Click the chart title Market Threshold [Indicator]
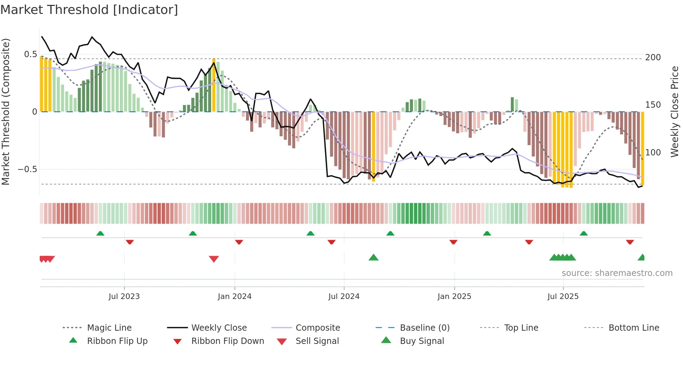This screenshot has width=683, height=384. [89, 10]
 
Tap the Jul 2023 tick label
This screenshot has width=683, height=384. [124, 297]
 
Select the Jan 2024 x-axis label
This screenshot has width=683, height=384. [235, 297]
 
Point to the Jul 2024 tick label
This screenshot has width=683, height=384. [344, 297]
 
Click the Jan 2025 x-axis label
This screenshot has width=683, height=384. [454, 297]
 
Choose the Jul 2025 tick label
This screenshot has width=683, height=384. [563, 297]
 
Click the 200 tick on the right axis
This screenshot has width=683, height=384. [653, 57]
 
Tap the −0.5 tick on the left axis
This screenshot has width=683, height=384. [27, 169]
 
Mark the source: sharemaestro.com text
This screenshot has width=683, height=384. [617, 273]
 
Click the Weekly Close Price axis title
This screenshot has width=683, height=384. [675, 112]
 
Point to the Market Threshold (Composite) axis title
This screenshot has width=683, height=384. [6, 112]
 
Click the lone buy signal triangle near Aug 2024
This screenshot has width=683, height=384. [374, 258]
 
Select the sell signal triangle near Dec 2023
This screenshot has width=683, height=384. [214, 259]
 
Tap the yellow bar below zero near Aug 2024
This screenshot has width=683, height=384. [374, 146]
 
